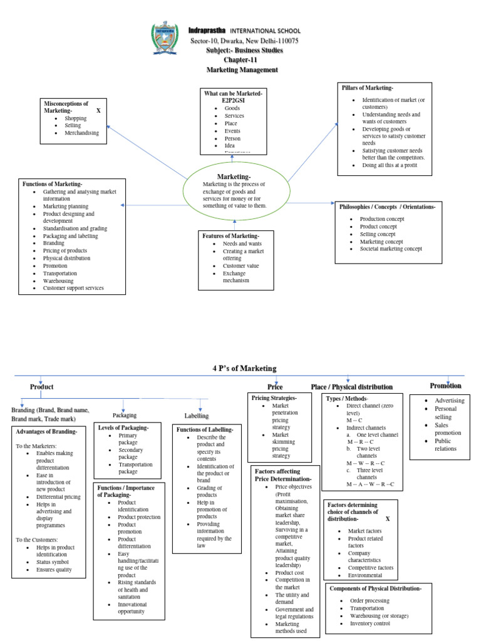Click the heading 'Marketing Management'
[241, 69]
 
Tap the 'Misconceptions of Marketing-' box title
[65, 106]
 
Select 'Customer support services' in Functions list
[73, 288]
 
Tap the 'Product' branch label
[43, 387]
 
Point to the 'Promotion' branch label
[445, 386]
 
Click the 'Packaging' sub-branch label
[124, 415]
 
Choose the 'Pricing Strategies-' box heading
[274, 398]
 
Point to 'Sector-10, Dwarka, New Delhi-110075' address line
[244, 41]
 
